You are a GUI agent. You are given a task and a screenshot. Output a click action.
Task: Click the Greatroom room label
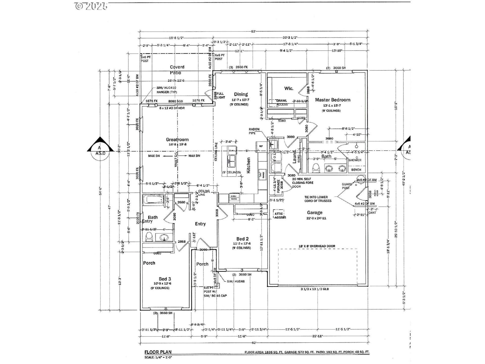(177, 140)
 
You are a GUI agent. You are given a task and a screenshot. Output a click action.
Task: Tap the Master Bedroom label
(332, 100)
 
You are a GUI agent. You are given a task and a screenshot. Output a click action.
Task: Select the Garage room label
(314, 213)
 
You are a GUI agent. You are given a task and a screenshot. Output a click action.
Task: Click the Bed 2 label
(242, 239)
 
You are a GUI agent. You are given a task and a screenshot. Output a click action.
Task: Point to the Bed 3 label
(163, 279)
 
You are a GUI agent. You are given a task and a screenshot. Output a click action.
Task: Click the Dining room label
(241, 94)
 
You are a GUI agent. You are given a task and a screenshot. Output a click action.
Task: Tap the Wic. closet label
(289, 88)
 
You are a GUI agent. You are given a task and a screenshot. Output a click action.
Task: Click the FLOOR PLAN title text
(158, 352)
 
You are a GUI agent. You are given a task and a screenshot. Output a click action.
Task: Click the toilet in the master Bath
(316, 168)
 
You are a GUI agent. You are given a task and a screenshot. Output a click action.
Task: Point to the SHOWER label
(355, 160)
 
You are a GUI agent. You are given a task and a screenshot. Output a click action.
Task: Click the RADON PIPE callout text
(254, 131)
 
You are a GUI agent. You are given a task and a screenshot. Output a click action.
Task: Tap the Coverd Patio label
(177, 70)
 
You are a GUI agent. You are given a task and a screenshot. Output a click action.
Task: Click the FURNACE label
(278, 186)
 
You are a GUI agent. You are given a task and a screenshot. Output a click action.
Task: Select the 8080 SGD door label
(175, 101)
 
